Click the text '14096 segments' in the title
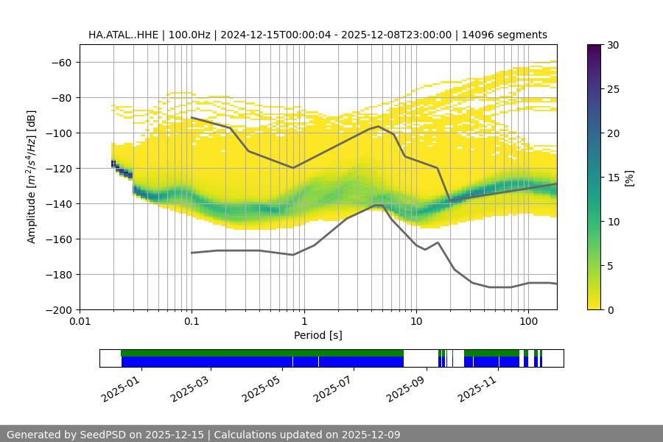pyautogui.click(x=509, y=35)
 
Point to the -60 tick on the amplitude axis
pyautogui.click(x=60, y=62)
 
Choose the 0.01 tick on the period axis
pyautogui.click(x=80, y=322)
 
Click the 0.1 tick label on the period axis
pyautogui.click(x=192, y=322)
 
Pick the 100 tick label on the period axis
pyautogui.click(x=527, y=322)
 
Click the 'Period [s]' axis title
pyautogui.click(x=318, y=335)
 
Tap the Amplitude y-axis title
pyautogui.click(x=32, y=177)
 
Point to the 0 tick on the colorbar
pyautogui.click(x=610, y=309)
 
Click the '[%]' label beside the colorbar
pyautogui.click(x=629, y=177)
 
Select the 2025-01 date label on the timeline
pyautogui.click(x=119, y=387)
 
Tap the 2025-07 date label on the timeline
pyautogui.click(x=331, y=387)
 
